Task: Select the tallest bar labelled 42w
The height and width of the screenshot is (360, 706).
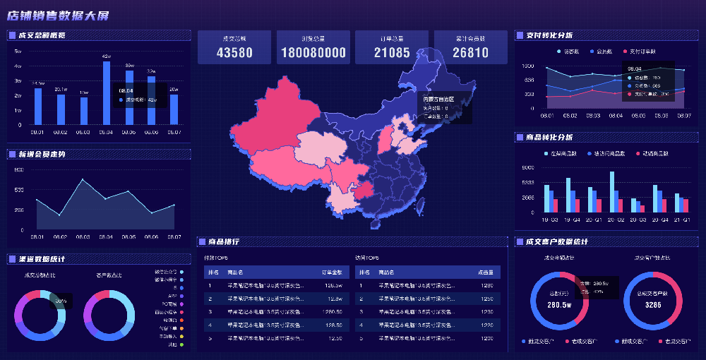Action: pyautogui.click(x=107, y=92)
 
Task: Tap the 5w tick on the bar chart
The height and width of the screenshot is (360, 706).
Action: pyautogui.click(x=18, y=51)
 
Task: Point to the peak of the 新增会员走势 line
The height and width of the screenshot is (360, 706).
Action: pyautogui.click(x=83, y=180)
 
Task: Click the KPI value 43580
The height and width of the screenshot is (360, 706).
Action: pyautogui.click(x=234, y=52)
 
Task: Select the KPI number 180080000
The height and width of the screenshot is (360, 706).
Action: pyautogui.click(x=313, y=52)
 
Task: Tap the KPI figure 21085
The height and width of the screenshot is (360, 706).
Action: pyautogui.click(x=392, y=52)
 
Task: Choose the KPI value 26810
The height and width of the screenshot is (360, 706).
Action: pyautogui.click(x=470, y=52)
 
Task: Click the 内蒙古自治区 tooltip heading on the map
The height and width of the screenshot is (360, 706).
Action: pyautogui.click(x=438, y=100)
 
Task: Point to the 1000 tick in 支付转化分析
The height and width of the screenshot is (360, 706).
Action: pyautogui.click(x=527, y=66)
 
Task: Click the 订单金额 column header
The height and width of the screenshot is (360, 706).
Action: pyautogui.click(x=332, y=272)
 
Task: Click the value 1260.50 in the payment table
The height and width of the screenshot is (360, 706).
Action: pyautogui.click(x=333, y=311)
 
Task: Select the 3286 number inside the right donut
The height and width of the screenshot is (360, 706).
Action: pyautogui.click(x=653, y=305)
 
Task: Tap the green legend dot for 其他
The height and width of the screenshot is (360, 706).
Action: pyautogui.click(x=181, y=345)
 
